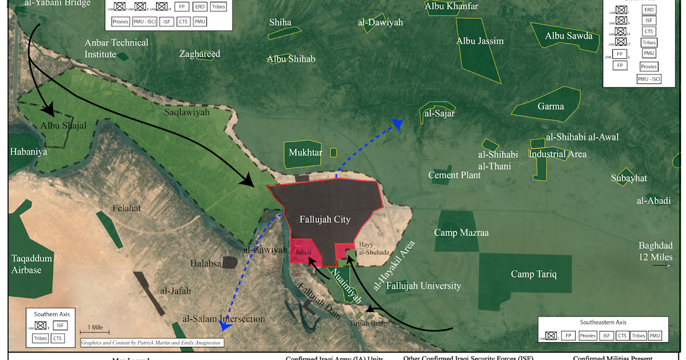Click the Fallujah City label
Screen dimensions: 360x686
coord(325,219)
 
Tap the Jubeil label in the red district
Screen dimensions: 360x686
coord(304,251)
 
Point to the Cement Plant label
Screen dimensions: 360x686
coord(454,175)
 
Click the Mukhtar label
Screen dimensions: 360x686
coord(305,153)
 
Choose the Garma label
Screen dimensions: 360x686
coord(550,106)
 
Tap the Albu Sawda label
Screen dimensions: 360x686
coord(568,36)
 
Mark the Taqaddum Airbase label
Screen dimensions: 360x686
coord(32,264)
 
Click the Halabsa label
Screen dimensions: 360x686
coord(206,263)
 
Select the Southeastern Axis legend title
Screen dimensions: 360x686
coord(603,322)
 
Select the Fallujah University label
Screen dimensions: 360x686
coord(423,286)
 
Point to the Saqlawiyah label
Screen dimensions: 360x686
coord(187,113)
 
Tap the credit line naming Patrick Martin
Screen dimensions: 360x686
coord(151,343)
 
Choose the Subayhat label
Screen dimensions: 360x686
coord(628,178)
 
